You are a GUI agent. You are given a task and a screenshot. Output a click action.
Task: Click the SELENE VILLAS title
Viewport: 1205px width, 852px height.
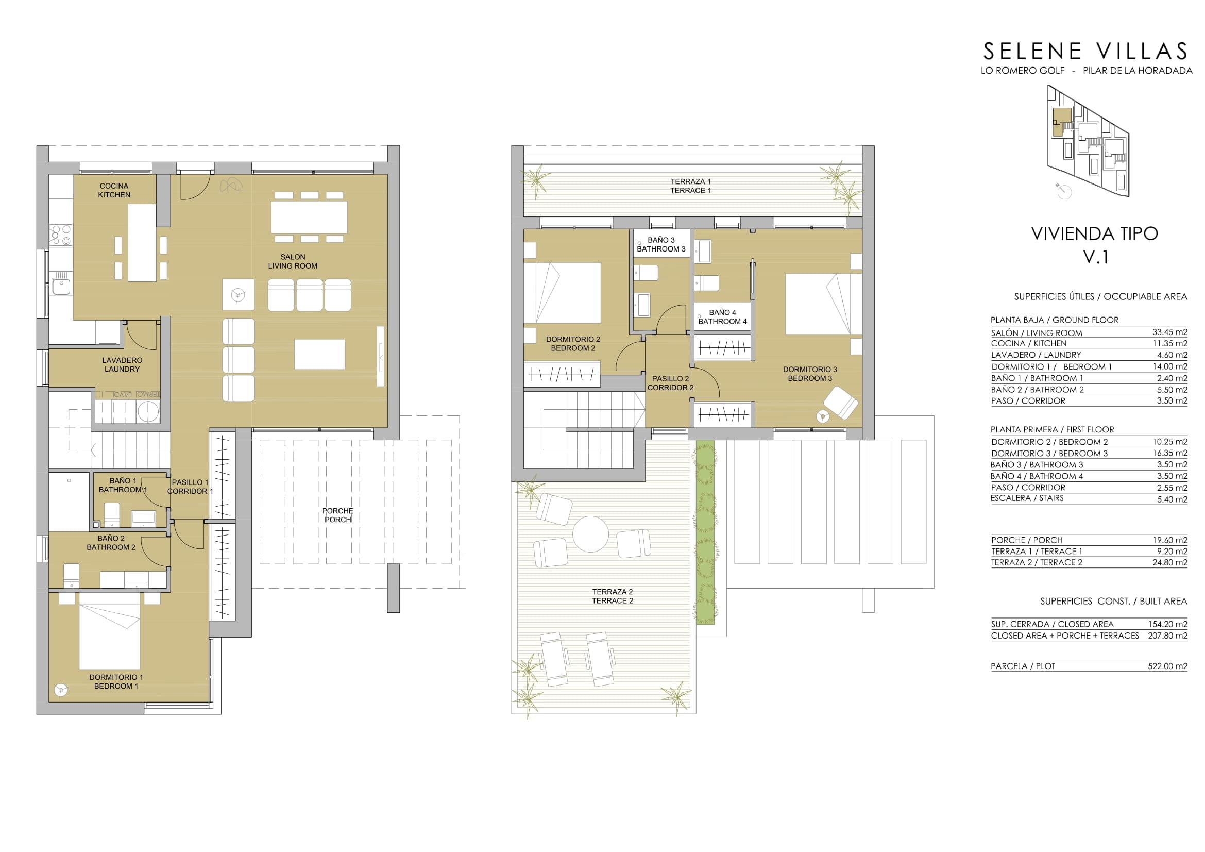point(1085,52)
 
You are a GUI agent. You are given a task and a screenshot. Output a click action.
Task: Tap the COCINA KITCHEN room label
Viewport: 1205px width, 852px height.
point(114,191)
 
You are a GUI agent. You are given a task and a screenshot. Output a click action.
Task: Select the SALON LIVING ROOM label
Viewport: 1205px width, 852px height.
point(292,261)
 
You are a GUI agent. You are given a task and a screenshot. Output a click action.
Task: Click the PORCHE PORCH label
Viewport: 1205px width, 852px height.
point(337,515)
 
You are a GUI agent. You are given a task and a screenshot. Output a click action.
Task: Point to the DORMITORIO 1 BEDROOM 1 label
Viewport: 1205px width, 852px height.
point(116,681)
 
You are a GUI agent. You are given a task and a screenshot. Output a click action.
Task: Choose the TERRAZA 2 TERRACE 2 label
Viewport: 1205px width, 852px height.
point(613,596)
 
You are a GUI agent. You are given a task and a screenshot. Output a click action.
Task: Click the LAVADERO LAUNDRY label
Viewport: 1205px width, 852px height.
point(122,365)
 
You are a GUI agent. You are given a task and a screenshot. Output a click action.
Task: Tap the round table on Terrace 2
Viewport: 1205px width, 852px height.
point(590,534)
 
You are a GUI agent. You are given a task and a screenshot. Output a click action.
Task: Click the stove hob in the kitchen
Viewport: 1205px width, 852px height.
point(60,235)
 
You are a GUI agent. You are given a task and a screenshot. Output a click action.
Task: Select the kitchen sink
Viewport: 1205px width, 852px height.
point(61,286)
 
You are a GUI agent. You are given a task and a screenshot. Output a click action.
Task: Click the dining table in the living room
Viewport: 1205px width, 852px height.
point(309,218)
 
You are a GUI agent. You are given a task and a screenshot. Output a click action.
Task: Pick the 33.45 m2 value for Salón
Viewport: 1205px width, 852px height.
point(1170,332)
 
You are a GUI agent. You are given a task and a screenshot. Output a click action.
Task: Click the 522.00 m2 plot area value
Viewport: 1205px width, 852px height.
point(1168,666)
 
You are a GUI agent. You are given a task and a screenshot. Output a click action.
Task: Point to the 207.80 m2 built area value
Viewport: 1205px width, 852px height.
point(1168,636)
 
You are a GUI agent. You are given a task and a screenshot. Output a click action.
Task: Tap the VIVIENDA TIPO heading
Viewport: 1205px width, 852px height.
point(1095,233)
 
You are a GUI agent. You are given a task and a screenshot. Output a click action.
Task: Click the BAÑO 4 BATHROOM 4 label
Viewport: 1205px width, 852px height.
point(723,317)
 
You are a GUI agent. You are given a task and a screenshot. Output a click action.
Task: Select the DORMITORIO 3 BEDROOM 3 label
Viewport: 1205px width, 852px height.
point(810,374)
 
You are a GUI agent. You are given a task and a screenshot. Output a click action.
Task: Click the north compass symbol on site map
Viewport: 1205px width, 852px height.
point(1064,192)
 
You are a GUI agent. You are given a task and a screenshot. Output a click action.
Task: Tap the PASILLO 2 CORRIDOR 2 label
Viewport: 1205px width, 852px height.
point(670,383)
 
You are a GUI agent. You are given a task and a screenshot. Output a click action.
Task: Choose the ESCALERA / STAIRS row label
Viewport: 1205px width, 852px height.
point(1027,498)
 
